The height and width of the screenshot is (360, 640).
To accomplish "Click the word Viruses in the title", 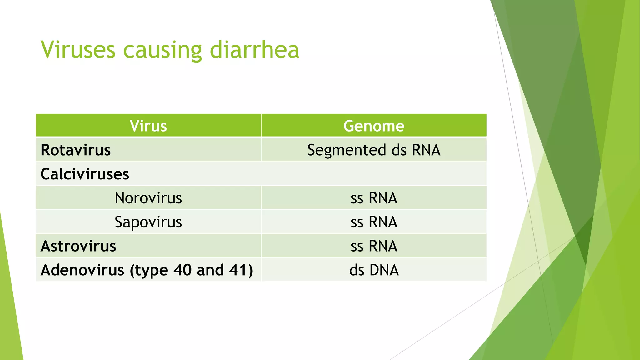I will (x=78, y=50).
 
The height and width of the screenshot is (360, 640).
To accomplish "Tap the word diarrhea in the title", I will (x=254, y=50).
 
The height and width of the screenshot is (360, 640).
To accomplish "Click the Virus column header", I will (x=148, y=126).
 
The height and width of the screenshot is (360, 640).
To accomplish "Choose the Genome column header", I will (x=374, y=126).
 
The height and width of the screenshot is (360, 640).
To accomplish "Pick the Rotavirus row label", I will (x=76, y=150).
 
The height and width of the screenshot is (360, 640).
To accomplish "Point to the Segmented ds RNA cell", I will (x=374, y=150).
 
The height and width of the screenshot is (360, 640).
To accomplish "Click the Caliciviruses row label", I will (x=85, y=174).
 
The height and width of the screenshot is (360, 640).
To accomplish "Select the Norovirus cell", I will (x=148, y=198).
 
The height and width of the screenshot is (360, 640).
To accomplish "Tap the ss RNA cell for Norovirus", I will (x=374, y=198).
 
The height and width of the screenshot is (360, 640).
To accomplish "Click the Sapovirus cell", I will (x=148, y=222).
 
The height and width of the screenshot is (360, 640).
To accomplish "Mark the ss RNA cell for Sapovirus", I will (x=374, y=222).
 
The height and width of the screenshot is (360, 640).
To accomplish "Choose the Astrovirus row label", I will (x=78, y=246).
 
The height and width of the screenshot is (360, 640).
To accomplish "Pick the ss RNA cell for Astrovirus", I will (x=374, y=246).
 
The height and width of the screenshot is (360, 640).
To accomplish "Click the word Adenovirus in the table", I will (x=82, y=270).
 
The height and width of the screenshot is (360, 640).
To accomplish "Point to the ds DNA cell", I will (x=374, y=270).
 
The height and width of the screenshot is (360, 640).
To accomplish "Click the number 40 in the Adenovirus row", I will (x=182, y=270).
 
